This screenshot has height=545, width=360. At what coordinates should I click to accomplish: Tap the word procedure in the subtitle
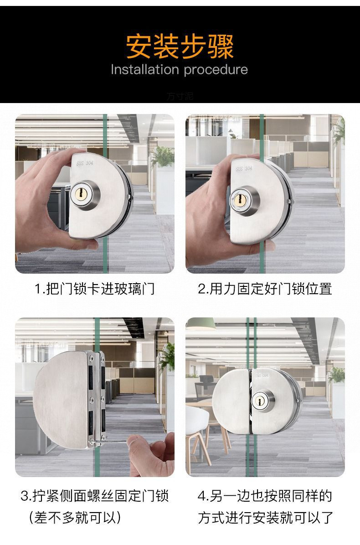pos(216,70)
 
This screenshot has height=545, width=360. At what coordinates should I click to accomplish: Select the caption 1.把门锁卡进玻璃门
pos(95,289)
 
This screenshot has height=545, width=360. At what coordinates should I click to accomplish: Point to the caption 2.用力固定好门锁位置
pos(265,289)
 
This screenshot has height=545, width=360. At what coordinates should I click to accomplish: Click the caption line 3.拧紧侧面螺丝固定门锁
pos(95,496)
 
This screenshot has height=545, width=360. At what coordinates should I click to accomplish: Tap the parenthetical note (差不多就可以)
pos(75,518)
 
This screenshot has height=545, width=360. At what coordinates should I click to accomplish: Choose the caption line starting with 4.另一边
pos(265,496)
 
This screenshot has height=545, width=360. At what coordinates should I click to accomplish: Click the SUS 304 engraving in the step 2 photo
pos(243,168)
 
